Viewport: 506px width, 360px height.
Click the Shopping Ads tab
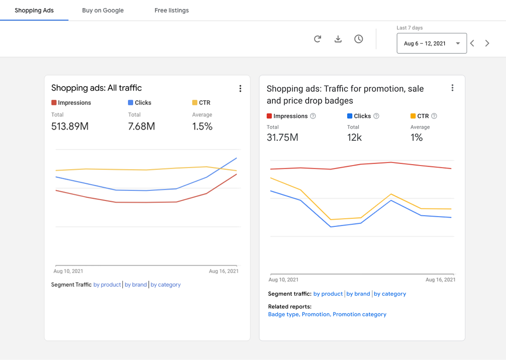(x=34, y=10)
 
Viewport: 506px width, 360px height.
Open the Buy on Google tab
(x=103, y=10)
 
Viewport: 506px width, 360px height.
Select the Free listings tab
(x=172, y=10)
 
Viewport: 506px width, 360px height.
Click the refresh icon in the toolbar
(x=318, y=39)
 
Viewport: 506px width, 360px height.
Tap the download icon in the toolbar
(x=338, y=39)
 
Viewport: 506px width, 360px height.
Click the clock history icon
(x=359, y=39)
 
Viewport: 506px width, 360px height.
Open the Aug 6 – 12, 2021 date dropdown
(x=432, y=44)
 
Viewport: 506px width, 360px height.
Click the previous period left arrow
(x=472, y=44)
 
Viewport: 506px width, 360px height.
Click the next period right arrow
(x=487, y=44)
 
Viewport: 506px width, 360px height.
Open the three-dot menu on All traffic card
(x=240, y=89)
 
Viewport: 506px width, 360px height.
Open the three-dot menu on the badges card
(x=452, y=88)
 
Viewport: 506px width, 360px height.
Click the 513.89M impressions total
(x=70, y=127)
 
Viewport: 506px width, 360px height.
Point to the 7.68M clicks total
(x=142, y=127)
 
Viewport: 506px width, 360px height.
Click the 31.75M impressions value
(x=282, y=137)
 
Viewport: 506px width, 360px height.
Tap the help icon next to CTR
(x=434, y=116)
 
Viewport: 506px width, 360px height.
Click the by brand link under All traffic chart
(x=136, y=285)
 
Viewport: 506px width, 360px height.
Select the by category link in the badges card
(x=390, y=294)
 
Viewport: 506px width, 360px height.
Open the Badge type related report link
(x=283, y=314)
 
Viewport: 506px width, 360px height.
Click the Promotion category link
(x=359, y=314)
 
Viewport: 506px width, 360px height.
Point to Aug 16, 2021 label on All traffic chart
(x=224, y=271)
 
